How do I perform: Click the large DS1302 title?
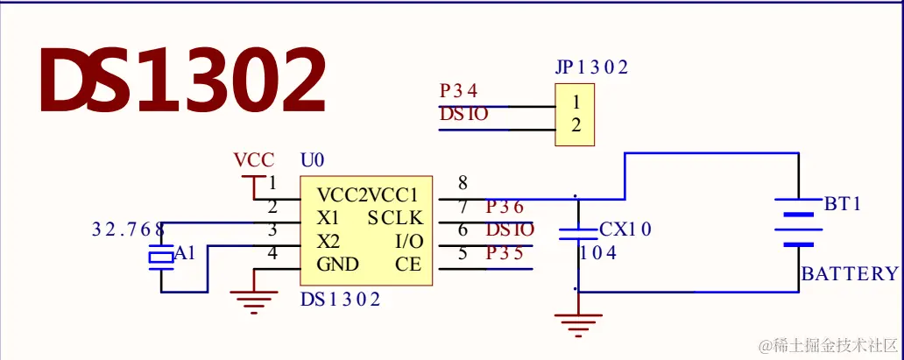(x=182, y=81)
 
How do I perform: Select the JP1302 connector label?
(x=591, y=67)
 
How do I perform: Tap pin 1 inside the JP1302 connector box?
(x=576, y=102)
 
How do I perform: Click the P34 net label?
(x=458, y=91)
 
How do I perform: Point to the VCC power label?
(x=254, y=160)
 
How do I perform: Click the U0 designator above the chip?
(x=313, y=160)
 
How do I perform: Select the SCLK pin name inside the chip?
(x=395, y=217)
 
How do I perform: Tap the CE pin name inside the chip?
(x=408, y=265)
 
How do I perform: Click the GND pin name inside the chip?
(x=337, y=265)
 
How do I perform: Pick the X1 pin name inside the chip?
(x=328, y=217)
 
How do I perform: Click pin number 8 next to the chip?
(x=463, y=183)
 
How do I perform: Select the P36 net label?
(x=505, y=208)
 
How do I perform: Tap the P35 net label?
(x=505, y=255)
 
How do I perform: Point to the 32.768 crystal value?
(x=128, y=230)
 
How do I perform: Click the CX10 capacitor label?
(x=625, y=230)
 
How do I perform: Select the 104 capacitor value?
(x=598, y=253)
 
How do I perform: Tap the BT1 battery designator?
(x=843, y=204)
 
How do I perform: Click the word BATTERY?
(x=850, y=273)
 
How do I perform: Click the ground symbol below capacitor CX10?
(x=579, y=323)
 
